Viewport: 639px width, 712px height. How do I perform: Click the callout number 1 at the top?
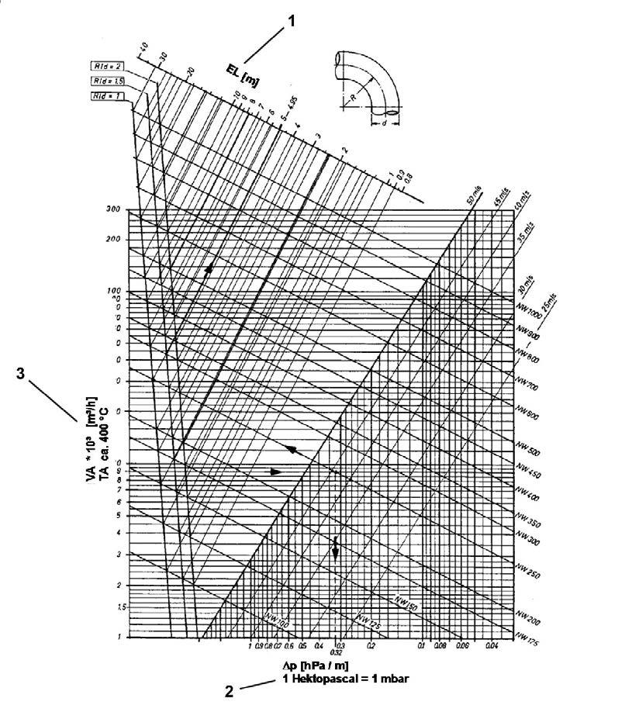click(x=292, y=22)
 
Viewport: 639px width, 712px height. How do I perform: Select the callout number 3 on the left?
click(x=21, y=373)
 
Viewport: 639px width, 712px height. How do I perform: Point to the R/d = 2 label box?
click(x=104, y=66)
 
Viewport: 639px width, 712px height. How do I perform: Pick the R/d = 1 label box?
click(x=103, y=95)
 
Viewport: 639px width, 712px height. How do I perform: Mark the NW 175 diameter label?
click(x=530, y=642)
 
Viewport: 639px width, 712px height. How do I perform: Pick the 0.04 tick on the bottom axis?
click(x=491, y=645)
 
